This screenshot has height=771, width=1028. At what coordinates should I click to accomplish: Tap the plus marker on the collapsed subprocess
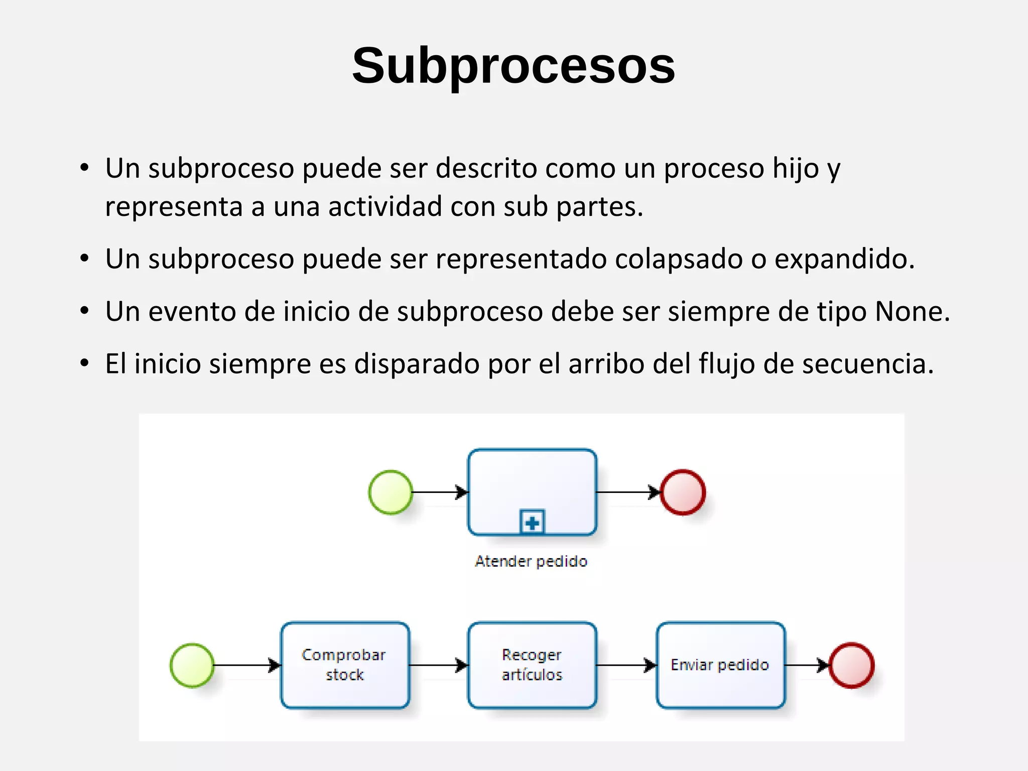(532, 523)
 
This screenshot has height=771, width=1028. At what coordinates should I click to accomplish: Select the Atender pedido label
(531, 561)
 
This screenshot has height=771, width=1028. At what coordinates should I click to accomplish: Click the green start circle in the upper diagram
(391, 492)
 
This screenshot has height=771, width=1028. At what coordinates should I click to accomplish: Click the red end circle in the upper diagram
(683, 492)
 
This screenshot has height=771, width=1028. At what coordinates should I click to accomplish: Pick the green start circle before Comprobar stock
(192, 665)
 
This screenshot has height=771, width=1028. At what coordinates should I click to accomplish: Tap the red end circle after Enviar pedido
(851, 665)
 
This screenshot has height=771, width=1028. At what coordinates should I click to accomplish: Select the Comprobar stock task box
(345, 665)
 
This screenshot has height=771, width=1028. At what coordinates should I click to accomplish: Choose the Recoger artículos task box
(532, 665)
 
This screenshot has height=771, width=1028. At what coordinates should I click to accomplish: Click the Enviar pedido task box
(720, 665)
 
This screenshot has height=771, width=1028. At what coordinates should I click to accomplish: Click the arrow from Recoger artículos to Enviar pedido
(626, 665)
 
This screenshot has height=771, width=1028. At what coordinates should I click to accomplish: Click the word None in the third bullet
(911, 311)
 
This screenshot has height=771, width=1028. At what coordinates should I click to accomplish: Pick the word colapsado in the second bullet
(678, 259)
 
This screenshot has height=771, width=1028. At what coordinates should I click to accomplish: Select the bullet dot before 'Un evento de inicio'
(84, 311)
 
